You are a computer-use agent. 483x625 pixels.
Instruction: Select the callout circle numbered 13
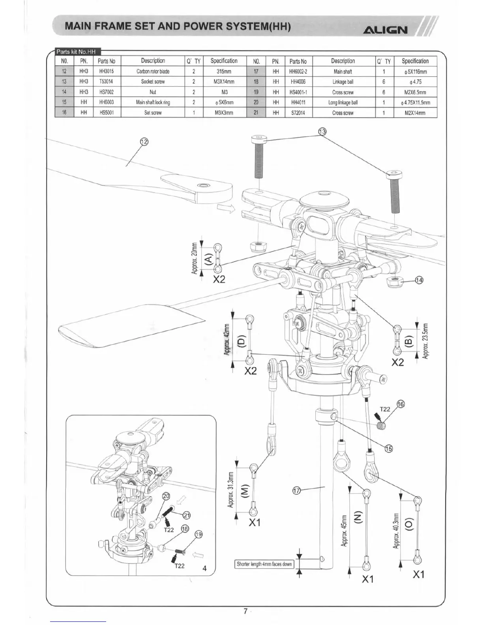tap(322, 132)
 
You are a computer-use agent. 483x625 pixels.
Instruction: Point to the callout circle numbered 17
tap(297, 490)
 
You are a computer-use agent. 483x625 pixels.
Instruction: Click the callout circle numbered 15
tap(388, 448)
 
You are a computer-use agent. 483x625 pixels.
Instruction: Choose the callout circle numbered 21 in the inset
tap(186, 515)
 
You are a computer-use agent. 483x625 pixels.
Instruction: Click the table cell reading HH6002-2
tap(298, 71)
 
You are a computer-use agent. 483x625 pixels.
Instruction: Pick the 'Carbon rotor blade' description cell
tap(153, 71)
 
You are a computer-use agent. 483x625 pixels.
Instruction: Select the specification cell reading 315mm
tap(224, 71)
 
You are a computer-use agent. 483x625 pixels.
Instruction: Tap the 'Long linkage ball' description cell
tap(343, 102)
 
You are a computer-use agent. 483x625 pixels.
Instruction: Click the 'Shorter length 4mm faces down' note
tap(264, 564)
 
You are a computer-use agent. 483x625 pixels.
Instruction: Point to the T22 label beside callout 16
tap(385, 409)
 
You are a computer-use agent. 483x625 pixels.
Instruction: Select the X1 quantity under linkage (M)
tap(255, 522)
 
